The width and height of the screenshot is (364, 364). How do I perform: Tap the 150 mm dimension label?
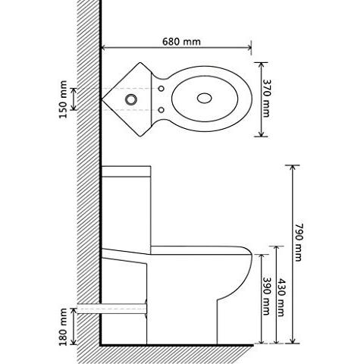66,99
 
